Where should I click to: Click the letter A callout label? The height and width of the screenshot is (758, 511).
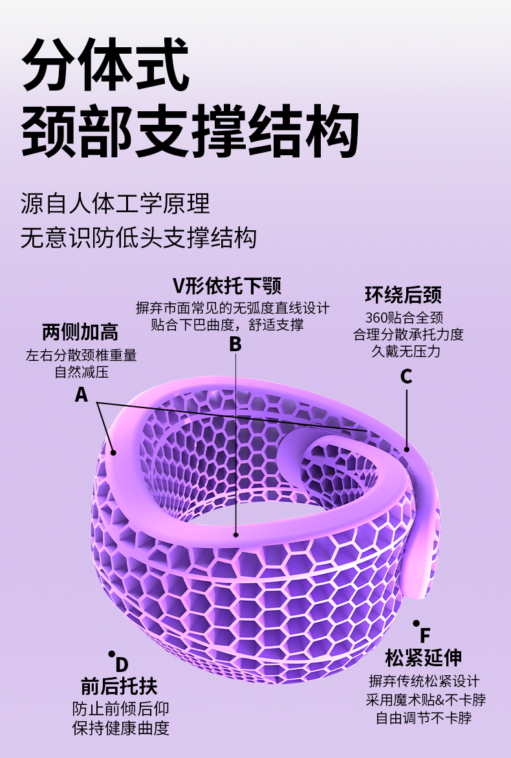click(81, 394)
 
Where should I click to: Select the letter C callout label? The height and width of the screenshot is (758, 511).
click(406, 376)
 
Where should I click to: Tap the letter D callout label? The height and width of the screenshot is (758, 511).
click(122, 664)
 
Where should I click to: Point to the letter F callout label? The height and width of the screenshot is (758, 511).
click(425, 635)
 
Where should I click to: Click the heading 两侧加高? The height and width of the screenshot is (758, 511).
click(80, 332)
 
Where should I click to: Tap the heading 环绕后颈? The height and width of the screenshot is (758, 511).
click(403, 296)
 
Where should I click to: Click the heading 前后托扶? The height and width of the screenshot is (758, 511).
click(119, 686)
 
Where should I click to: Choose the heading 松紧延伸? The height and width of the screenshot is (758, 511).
click(424, 658)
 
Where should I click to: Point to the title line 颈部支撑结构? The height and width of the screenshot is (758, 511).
click(190, 133)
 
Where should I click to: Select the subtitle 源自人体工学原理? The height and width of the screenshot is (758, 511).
click(116, 203)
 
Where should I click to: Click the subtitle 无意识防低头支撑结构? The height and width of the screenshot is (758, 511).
click(139, 237)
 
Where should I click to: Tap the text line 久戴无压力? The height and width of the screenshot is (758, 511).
click(406, 351)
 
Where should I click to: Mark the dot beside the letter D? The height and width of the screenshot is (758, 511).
click(111, 654)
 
